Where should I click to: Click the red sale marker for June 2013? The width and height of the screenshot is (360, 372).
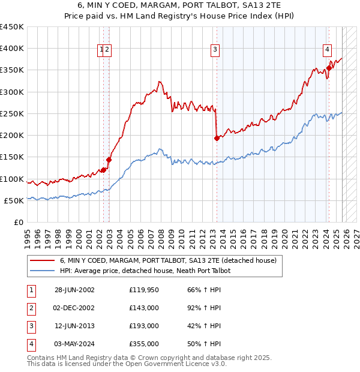coord(217,138)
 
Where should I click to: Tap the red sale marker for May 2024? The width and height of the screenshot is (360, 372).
coord(329,68)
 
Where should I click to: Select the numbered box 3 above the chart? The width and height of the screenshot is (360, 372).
coord(215,50)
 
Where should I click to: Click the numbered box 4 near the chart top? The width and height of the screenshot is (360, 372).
coord(328,50)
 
